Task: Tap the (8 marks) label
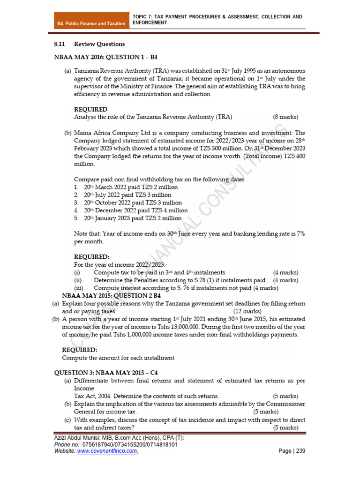tap(285, 117)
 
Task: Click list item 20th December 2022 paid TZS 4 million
tap(135, 210)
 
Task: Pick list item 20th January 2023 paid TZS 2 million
tap(132, 218)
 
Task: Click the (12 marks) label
tap(247, 311)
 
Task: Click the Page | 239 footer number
tap(292, 451)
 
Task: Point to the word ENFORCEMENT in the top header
tap(150, 23)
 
